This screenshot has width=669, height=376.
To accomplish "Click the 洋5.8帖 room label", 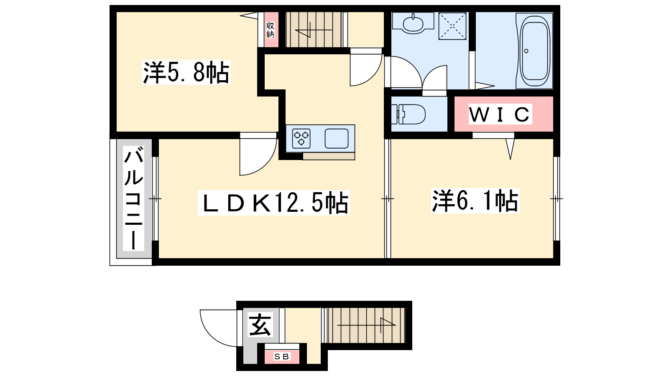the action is (x=186, y=73).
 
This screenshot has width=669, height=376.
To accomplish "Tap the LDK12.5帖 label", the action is (x=274, y=203).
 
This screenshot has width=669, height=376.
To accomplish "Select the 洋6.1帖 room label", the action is (x=475, y=201).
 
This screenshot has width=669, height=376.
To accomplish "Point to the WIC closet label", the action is (x=500, y=114).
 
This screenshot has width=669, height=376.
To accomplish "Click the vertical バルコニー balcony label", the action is (x=133, y=198).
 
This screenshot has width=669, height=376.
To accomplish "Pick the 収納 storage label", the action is (x=270, y=30).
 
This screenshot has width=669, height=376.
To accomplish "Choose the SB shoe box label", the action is (x=282, y=357).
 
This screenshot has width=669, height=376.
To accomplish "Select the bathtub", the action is (x=535, y=51).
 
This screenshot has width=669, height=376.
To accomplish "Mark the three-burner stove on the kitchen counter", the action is (x=301, y=138).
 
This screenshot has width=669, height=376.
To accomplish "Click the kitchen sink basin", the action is (x=337, y=138).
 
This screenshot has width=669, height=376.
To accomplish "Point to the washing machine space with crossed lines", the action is (x=452, y=26).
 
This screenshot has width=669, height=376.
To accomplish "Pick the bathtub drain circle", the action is (x=526, y=51).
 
